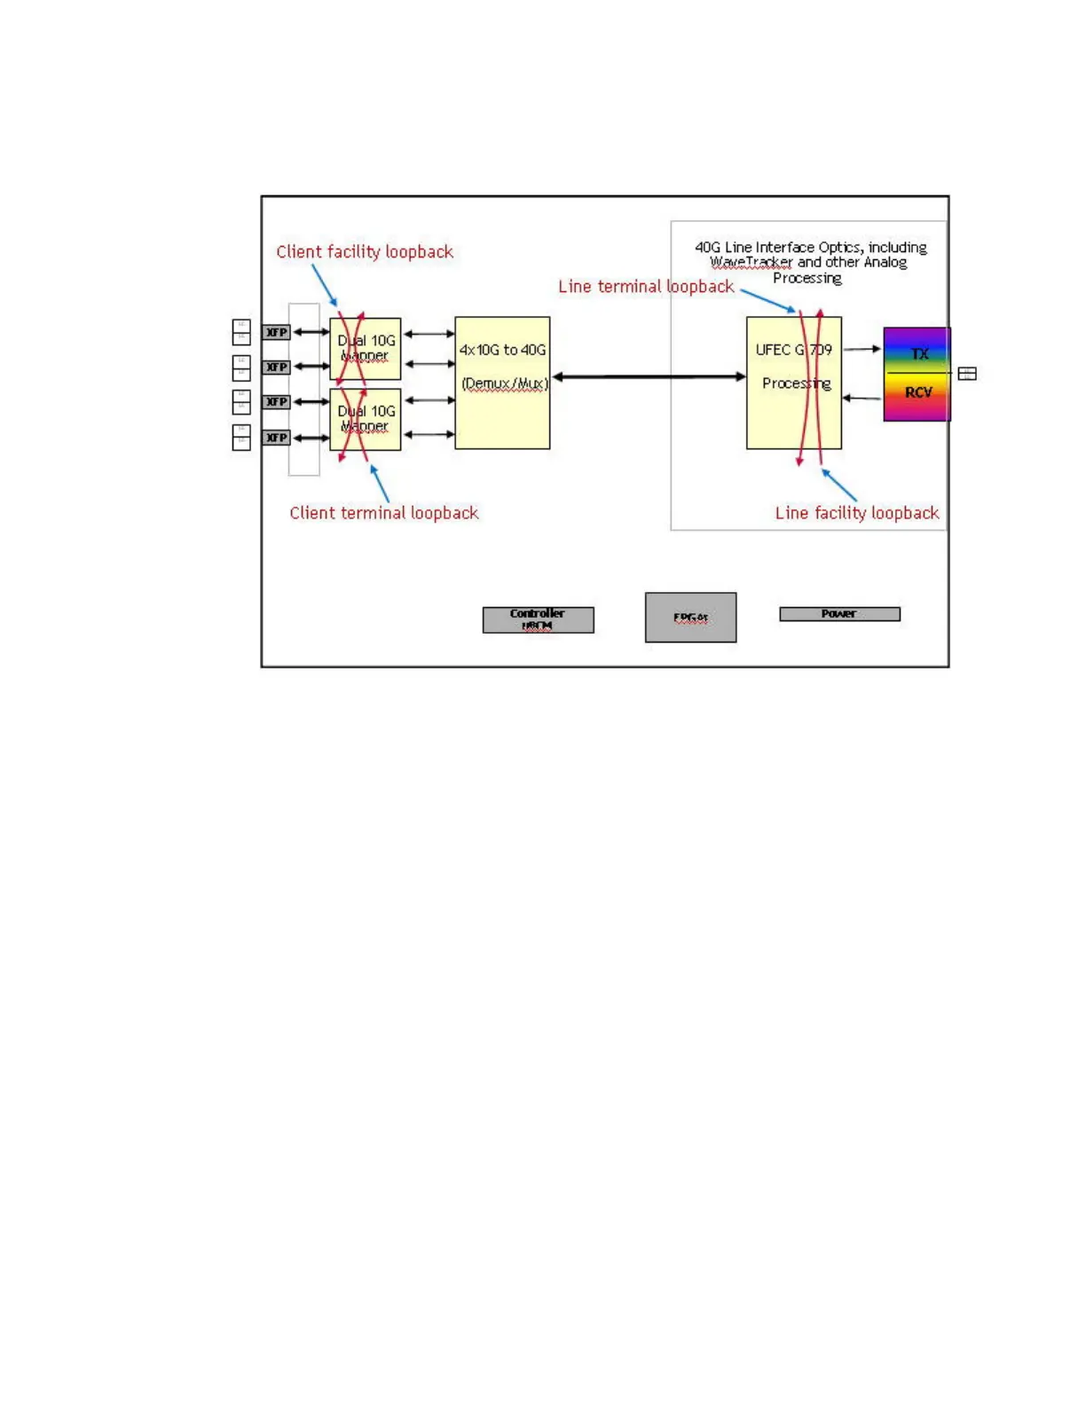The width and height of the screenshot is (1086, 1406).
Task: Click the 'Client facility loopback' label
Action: point(365,252)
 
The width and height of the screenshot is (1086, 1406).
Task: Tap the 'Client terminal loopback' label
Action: point(384,513)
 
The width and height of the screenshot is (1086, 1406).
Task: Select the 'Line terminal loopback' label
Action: point(646,287)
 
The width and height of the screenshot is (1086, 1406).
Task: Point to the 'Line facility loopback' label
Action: point(857,513)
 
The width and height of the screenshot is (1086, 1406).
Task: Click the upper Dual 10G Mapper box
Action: point(366,348)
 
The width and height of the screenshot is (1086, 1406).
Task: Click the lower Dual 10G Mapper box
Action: point(366,419)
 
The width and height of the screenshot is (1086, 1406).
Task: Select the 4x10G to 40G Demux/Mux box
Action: point(502,383)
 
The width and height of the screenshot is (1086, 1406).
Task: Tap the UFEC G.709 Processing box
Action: point(793,383)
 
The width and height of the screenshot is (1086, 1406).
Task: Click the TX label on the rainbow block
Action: point(919,353)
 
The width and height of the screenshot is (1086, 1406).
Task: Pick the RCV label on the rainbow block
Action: point(918,392)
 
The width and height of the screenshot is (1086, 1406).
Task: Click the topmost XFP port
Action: point(277,332)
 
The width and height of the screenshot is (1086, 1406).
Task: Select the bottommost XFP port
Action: point(277,438)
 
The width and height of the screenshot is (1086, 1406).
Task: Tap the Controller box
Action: point(538,620)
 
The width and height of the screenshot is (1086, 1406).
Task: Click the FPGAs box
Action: point(690,617)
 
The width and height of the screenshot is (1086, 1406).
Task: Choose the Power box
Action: point(839,613)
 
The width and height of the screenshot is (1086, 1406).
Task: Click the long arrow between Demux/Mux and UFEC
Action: point(649,377)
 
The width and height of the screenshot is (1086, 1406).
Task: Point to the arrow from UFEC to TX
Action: point(862,349)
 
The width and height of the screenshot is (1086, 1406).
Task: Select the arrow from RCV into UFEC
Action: point(862,398)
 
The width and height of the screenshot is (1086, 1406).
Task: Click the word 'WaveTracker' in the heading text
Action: point(751,263)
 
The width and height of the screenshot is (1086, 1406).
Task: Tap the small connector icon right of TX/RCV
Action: point(967,374)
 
